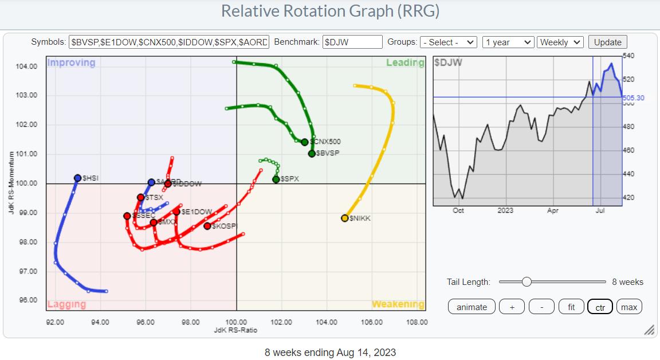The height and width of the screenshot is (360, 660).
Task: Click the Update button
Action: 608,42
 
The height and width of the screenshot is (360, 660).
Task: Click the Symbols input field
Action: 169,42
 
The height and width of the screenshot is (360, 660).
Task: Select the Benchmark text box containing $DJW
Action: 352,42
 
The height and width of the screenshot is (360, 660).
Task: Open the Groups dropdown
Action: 449,42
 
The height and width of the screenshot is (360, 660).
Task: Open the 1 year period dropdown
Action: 508,42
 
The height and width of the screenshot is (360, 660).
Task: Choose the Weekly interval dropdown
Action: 561,42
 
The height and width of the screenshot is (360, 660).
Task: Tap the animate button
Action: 472,307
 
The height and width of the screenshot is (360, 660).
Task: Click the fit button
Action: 571,307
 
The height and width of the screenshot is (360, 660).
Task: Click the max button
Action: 629,307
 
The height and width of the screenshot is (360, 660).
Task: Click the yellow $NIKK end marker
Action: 345,218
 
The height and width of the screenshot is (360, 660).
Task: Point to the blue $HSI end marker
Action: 78,178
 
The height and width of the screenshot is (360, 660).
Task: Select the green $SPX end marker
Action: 276,179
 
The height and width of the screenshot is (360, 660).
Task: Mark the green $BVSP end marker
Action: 312,154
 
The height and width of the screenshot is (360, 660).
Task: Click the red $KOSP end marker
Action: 207,226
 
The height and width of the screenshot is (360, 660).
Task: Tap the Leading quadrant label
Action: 405,62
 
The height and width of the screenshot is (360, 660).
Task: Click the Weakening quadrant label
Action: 398,304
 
